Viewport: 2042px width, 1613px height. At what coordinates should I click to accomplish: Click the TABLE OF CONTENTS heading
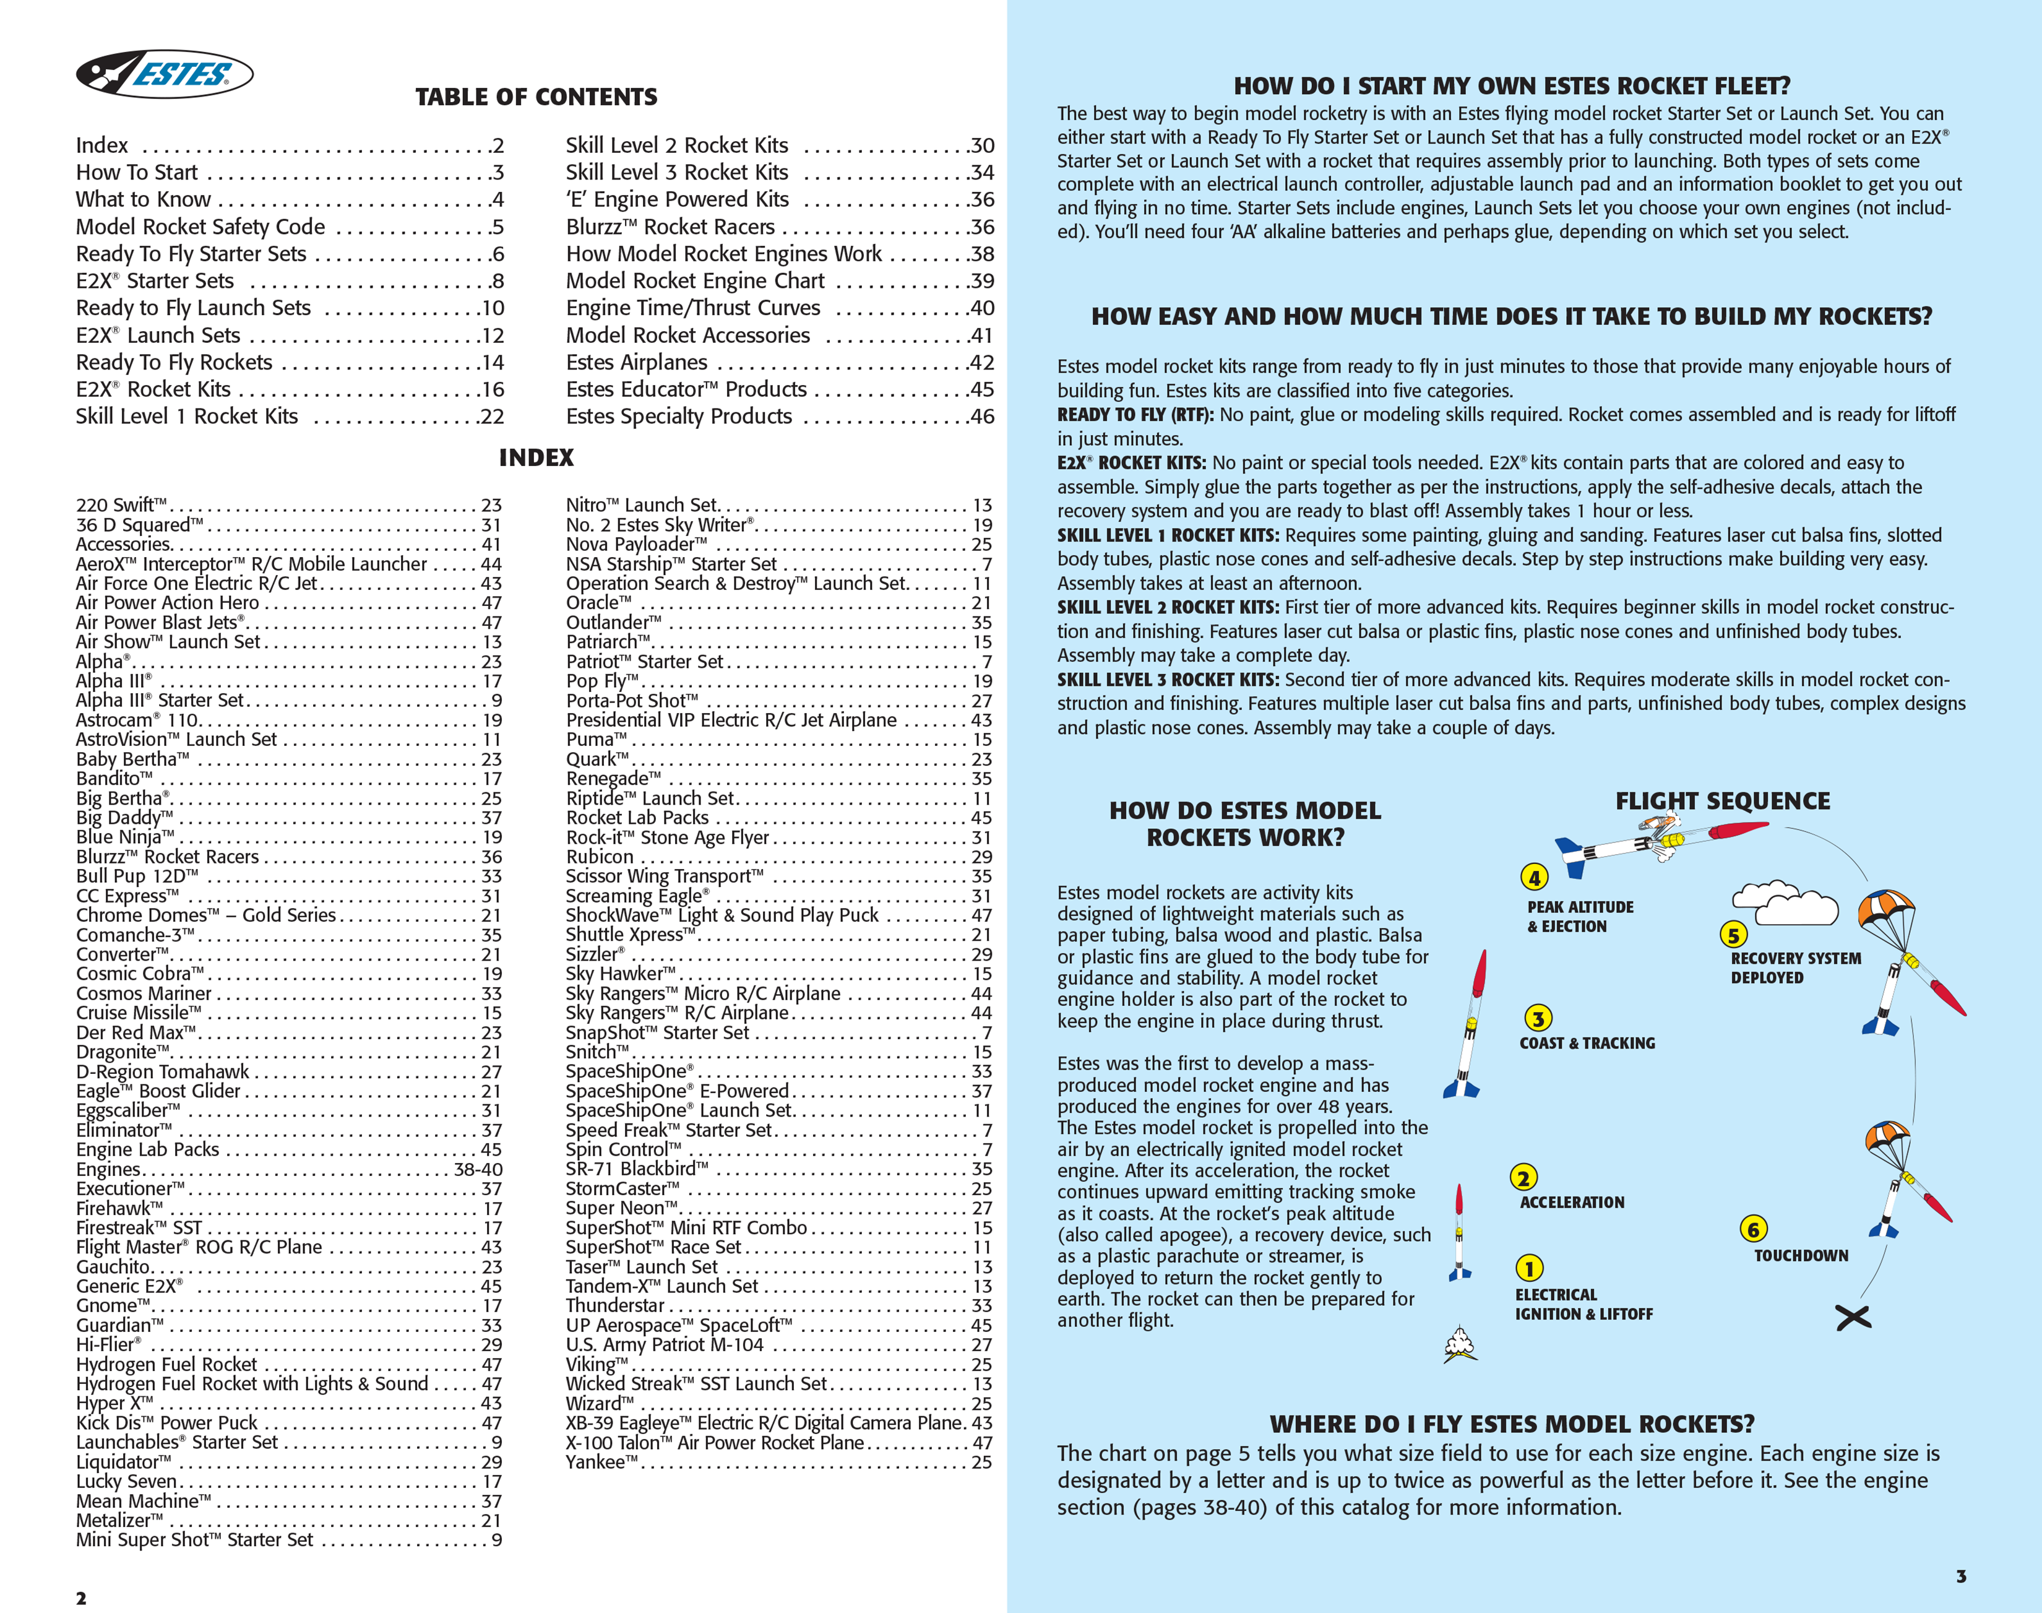[x=536, y=97]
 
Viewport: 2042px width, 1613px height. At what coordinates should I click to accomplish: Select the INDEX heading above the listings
[x=536, y=458]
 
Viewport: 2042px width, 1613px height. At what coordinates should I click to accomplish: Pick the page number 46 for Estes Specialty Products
[x=982, y=417]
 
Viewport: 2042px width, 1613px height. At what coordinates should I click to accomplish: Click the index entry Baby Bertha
[x=132, y=759]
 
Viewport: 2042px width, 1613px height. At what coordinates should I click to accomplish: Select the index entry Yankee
[x=601, y=1462]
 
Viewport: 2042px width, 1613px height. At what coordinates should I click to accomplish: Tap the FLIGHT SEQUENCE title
[x=1722, y=801]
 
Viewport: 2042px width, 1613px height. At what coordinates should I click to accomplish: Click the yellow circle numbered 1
[x=1530, y=1268]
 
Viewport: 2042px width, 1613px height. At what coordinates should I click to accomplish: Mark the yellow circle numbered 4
[x=1534, y=877]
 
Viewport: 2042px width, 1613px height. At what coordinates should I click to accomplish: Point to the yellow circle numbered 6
[x=1753, y=1229]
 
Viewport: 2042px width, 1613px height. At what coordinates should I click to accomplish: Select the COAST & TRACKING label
[x=1587, y=1042]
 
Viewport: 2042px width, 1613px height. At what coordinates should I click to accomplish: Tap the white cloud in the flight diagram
[x=1784, y=905]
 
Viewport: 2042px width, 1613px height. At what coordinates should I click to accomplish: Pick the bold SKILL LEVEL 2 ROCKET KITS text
[x=1168, y=607]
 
